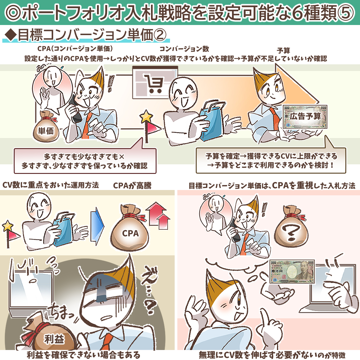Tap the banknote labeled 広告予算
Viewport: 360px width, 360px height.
coord(305,117)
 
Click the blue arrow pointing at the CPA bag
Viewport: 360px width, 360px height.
coord(97,226)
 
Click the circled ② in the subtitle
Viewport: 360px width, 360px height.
coord(160,35)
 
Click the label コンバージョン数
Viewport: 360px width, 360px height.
coord(184,49)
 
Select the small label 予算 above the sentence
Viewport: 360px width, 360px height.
coord(284,50)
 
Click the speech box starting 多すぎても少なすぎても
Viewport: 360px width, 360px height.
coord(85,161)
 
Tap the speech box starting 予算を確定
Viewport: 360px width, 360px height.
coord(271,160)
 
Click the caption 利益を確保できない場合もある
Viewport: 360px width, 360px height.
coord(84,355)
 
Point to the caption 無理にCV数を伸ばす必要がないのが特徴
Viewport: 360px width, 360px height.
coord(272,355)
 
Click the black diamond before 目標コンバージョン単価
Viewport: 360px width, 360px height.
coord(11,35)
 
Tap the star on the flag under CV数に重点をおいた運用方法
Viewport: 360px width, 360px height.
coord(7,226)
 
